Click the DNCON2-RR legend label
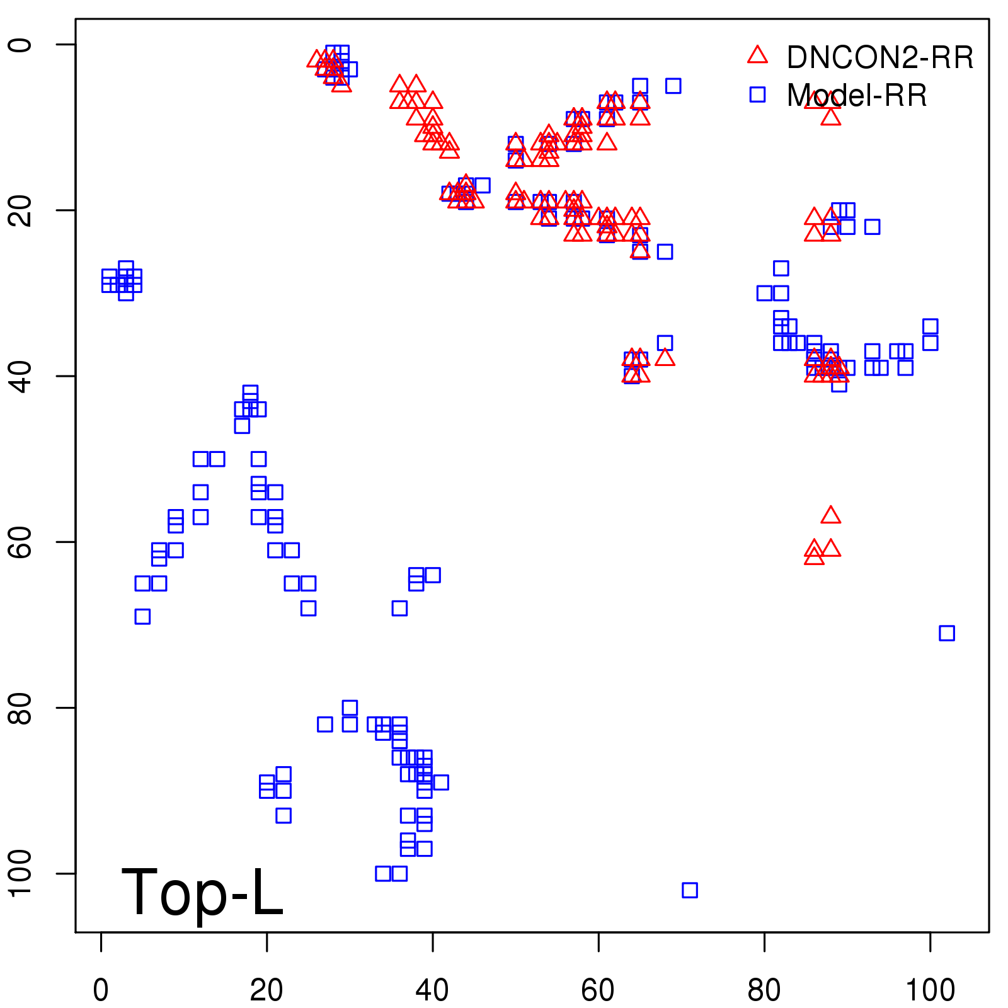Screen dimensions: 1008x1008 [880, 57]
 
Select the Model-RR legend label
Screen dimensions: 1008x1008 [857, 96]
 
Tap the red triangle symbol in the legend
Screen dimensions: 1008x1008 [757, 55]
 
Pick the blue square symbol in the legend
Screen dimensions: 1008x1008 [757, 94]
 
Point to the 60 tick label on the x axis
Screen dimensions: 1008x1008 [598, 990]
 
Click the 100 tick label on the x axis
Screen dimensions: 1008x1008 [930, 990]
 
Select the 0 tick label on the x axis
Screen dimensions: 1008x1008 [101, 990]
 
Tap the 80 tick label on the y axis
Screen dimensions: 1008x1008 [20, 707]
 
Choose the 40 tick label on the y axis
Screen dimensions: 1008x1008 [20, 376]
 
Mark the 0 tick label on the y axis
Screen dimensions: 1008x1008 [20, 45]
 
